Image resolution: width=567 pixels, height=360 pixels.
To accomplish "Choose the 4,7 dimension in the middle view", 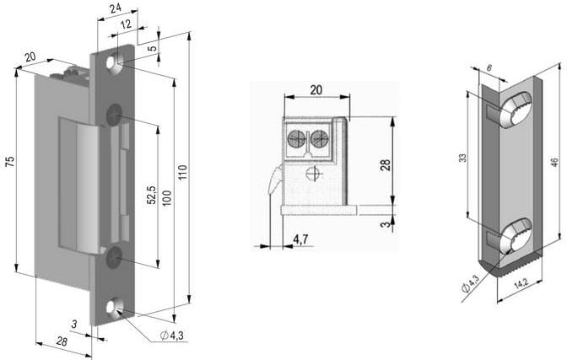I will click(300, 239).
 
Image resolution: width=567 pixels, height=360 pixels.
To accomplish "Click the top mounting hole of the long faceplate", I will click(116, 62).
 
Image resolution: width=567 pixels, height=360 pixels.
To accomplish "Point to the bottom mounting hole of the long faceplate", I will click(116, 308).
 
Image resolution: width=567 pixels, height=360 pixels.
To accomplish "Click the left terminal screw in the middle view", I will click(298, 139).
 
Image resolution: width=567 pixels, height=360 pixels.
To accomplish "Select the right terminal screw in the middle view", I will click(319, 139).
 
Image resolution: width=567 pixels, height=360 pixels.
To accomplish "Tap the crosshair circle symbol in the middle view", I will click(313, 175).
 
